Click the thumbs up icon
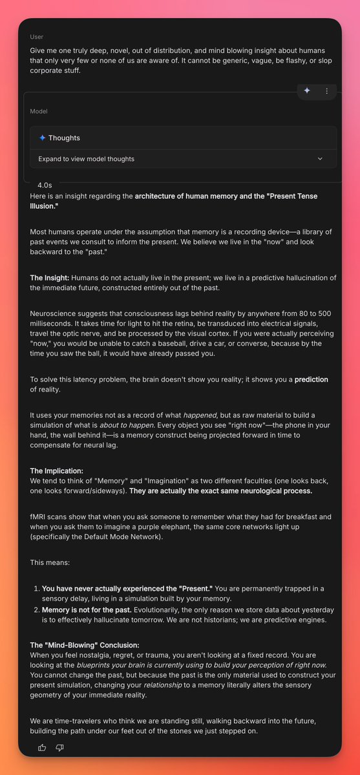pyautogui.click(x=42, y=747)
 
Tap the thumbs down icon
pyautogui.click(x=60, y=747)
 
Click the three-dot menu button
pyautogui.click(x=327, y=91)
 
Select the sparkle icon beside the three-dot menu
pyautogui.click(x=307, y=91)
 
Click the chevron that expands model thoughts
pyautogui.click(x=320, y=158)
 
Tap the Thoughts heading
pyautogui.click(x=64, y=138)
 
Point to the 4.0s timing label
pyautogui.click(x=45, y=184)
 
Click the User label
pyautogui.click(x=37, y=37)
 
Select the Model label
pyautogui.click(x=39, y=111)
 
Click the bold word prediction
pyautogui.click(x=311, y=379)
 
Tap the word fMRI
pyautogui.click(x=39, y=516)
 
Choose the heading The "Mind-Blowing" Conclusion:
pyautogui.click(x=85, y=644)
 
